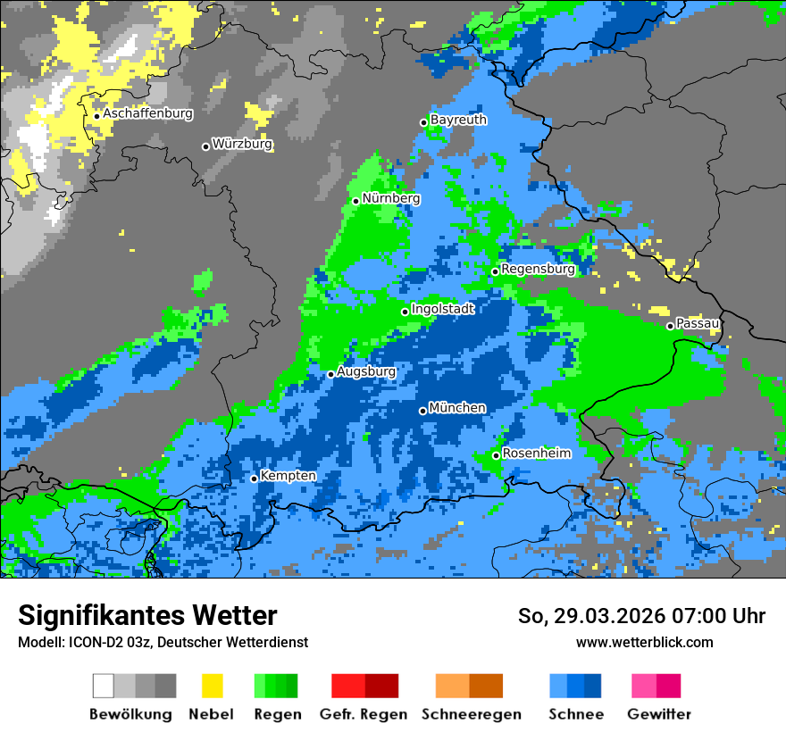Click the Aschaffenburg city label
tap(147, 114)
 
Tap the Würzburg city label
tap(242, 144)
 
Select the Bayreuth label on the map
tap(458, 120)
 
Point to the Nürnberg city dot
tap(355, 201)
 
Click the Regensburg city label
tap(538, 269)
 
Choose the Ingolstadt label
tap(442, 309)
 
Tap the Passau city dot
tap(670, 326)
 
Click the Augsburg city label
tap(365, 371)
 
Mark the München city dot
tap(422, 411)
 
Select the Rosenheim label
tap(536, 454)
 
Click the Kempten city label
tap(288, 476)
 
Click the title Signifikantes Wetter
tap(147, 616)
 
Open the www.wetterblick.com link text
tap(644, 642)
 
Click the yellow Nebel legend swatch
tap(212, 686)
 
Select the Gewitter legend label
tap(659, 714)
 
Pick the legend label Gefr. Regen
tap(364, 714)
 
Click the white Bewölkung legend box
tap(104, 686)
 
